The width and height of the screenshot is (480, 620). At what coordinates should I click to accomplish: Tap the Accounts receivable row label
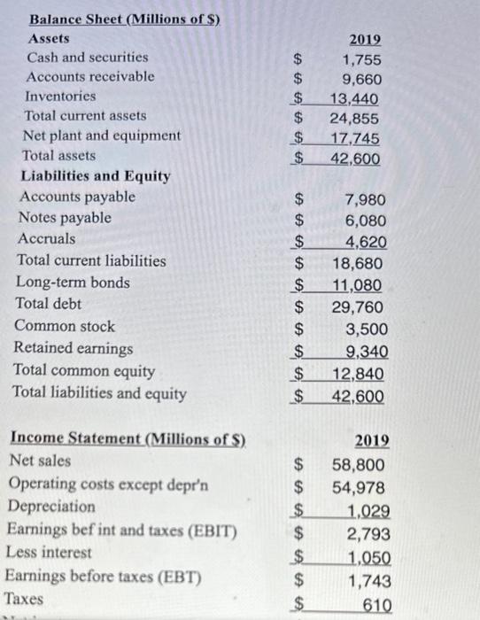[x=89, y=76]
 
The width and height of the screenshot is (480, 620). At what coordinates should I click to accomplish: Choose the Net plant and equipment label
[x=102, y=136]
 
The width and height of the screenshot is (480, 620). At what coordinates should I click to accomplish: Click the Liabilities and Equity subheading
[x=96, y=175]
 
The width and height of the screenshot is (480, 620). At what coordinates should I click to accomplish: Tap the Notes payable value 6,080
[x=363, y=221]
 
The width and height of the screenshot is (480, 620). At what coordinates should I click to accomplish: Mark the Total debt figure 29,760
[x=359, y=307]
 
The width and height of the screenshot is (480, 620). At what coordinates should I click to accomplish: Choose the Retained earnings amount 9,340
[x=365, y=352]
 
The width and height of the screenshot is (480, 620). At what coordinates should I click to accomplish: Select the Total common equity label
[x=84, y=370]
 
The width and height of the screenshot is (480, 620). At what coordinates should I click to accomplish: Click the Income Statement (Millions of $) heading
[x=127, y=438]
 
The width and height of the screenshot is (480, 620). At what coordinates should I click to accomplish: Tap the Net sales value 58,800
[x=360, y=463]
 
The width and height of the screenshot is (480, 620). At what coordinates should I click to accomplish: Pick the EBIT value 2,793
[x=365, y=533]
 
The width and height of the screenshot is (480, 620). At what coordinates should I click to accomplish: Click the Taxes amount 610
[x=373, y=602]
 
